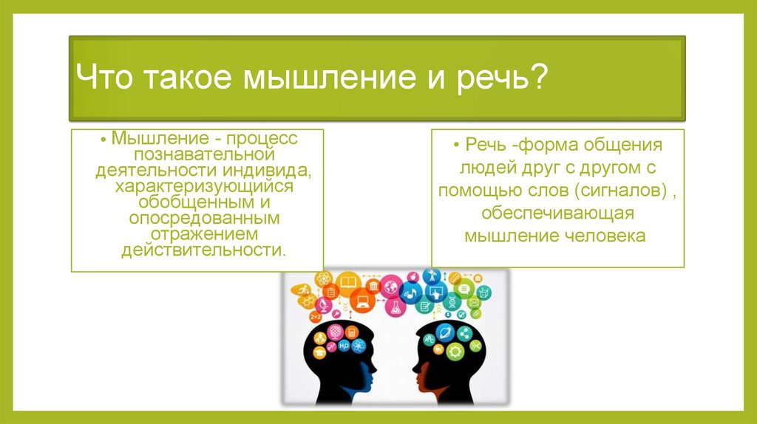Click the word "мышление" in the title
click(x=328, y=77)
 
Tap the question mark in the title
click(x=538, y=76)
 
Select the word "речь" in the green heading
click(x=490, y=77)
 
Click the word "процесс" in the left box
click(x=262, y=139)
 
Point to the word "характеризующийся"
click(x=204, y=186)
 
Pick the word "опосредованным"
click(x=204, y=218)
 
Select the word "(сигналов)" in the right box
click(x=621, y=191)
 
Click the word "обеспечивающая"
click(x=557, y=213)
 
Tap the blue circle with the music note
click(x=411, y=293)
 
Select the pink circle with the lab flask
click(x=396, y=307)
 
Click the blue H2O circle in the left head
click(x=344, y=346)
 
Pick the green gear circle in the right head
click(x=455, y=352)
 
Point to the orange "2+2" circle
click(x=316, y=317)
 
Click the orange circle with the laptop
click(x=362, y=301)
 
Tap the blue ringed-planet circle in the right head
click(x=444, y=332)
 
